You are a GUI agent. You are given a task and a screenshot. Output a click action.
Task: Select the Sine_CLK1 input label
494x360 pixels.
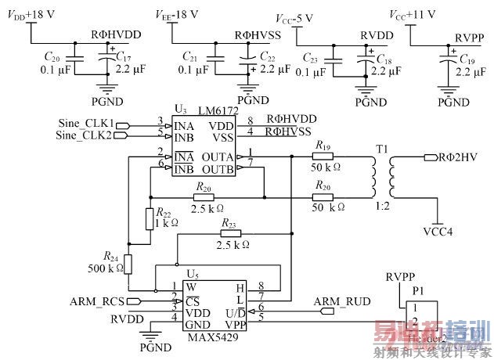tap(85, 122)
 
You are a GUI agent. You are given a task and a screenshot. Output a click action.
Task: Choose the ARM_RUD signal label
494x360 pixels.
tap(337, 301)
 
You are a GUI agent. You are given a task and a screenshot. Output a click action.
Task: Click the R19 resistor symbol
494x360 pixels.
tap(323, 156)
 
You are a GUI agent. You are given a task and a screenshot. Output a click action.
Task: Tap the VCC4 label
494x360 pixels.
tap(438, 232)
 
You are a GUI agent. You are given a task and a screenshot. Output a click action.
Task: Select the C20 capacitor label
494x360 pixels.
tap(52, 57)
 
